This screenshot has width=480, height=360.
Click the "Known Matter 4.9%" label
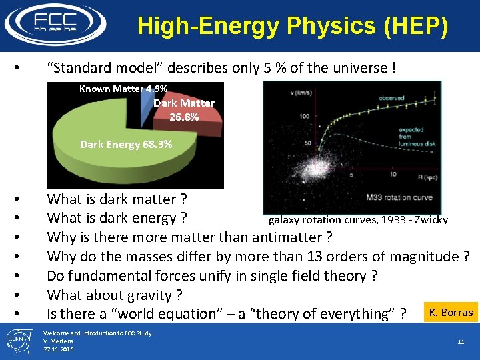point(123,89)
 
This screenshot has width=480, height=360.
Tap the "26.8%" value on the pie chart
point(183,117)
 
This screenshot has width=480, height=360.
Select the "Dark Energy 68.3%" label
point(125,144)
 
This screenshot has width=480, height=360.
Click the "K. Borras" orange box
point(451,312)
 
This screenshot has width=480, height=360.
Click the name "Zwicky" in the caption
point(432,220)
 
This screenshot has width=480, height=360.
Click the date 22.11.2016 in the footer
point(58,349)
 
